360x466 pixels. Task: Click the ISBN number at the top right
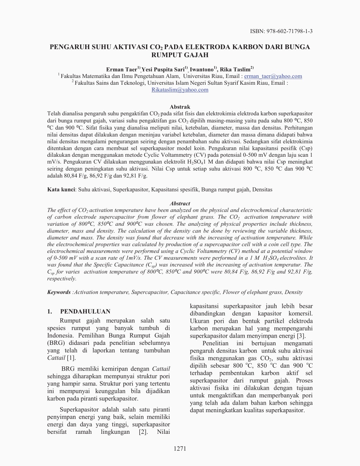284,31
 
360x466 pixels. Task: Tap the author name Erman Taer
119,69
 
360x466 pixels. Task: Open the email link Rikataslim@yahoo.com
180,90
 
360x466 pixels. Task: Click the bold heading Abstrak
180,107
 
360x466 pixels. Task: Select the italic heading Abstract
180,203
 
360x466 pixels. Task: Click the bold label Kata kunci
60,190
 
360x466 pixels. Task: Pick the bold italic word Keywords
59,292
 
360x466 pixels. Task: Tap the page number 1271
180,449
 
